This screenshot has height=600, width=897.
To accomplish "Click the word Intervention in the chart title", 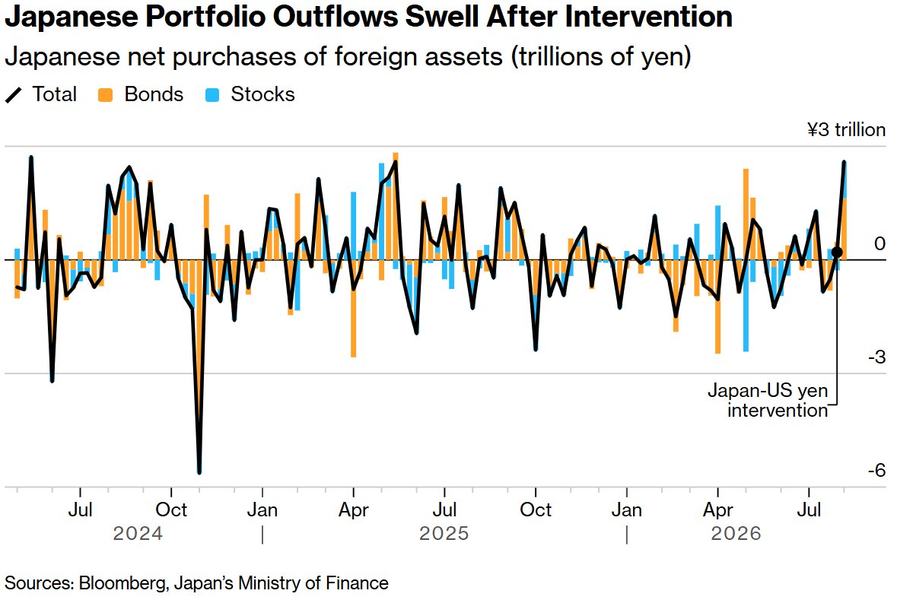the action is click(649, 17).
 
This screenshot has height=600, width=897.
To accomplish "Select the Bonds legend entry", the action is click(140, 94).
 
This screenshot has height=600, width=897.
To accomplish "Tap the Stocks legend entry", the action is click(250, 94).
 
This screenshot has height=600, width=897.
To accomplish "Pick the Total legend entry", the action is click(40, 94).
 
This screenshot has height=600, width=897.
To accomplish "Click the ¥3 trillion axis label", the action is click(846, 130).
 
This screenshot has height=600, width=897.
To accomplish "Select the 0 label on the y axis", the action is click(880, 243).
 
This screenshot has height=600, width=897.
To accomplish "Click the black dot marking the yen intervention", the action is click(837, 252).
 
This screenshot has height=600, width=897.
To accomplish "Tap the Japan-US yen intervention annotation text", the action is click(768, 401).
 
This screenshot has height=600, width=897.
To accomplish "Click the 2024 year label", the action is click(138, 534).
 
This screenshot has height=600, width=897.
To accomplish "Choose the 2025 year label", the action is click(444, 534).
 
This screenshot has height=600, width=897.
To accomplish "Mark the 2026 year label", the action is click(736, 534).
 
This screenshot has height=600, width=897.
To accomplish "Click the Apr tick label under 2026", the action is click(718, 510).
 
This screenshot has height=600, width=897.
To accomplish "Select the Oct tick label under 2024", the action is click(172, 510).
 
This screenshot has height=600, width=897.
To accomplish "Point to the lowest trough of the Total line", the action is click(199, 472).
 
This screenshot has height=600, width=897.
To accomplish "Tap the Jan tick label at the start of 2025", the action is click(262, 510).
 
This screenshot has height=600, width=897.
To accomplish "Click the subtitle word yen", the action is click(666, 57).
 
